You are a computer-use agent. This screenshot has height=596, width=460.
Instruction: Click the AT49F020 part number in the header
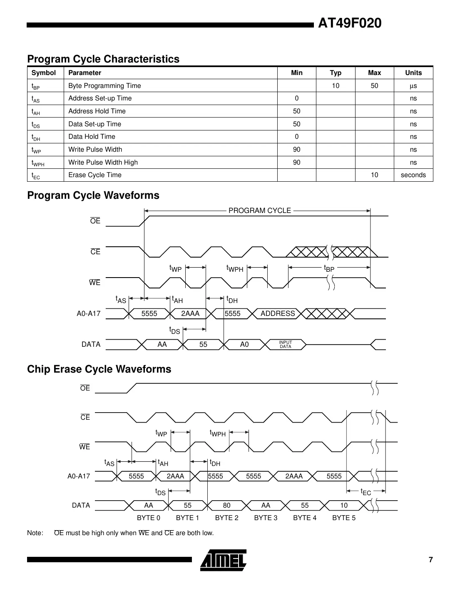(349, 23)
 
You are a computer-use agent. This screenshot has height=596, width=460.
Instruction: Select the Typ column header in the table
(336, 73)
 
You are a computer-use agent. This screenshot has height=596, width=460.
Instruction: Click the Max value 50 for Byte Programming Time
(374, 86)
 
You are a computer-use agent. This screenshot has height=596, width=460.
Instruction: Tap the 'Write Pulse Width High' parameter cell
(103, 163)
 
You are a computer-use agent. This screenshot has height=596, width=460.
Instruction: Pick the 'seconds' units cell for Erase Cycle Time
(413, 175)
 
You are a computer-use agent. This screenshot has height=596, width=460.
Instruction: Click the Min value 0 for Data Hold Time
(296, 137)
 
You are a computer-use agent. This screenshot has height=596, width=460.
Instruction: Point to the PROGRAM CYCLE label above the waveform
(259, 210)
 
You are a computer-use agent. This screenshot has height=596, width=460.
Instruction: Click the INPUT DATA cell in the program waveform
(286, 345)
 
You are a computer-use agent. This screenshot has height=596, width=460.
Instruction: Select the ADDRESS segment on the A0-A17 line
(278, 314)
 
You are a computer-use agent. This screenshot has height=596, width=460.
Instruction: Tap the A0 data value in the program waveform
(244, 345)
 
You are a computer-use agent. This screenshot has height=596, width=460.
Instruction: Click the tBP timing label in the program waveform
(329, 269)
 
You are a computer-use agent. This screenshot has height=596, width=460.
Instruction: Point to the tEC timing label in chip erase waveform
(366, 492)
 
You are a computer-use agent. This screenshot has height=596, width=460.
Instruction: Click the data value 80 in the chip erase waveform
(226, 506)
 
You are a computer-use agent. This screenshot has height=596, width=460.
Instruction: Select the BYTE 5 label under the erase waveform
(344, 518)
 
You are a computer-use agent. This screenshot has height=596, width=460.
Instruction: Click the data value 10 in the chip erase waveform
(344, 506)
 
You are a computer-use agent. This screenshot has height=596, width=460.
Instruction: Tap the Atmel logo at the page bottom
(224, 560)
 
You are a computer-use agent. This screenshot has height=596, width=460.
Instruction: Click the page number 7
(430, 560)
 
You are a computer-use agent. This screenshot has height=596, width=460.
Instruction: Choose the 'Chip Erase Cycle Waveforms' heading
(99, 369)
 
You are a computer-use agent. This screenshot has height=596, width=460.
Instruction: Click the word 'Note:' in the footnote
(35, 533)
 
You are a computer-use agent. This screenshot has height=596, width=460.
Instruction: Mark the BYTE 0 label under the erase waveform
(149, 518)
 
